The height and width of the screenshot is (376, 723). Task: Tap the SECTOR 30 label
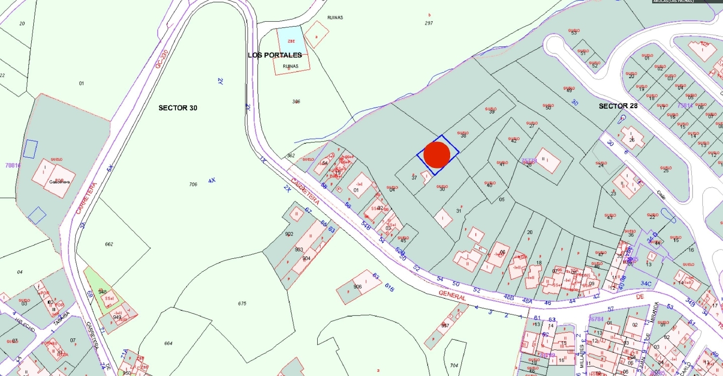[178, 108]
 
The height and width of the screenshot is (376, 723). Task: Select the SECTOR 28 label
[618, 106]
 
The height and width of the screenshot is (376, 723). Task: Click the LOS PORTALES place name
[275, 55]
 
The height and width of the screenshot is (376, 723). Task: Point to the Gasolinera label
[59, 182]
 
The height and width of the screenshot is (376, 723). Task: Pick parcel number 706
[193, 184]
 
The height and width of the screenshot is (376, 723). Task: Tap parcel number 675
[242, 304]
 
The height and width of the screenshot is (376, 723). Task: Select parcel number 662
[109, 244]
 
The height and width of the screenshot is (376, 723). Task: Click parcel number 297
[429, 23]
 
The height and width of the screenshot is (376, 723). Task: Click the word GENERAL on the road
[453, 296]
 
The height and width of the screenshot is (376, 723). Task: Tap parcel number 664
[168, 343]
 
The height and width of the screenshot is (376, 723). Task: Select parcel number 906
[357, 287]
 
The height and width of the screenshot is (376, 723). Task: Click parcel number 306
[296, 101]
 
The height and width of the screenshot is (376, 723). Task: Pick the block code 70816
[13, 165]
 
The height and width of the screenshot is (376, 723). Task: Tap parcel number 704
[454, 365]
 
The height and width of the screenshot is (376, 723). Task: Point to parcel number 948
[102, 292]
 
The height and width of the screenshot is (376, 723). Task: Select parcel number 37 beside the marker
[414, 178]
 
